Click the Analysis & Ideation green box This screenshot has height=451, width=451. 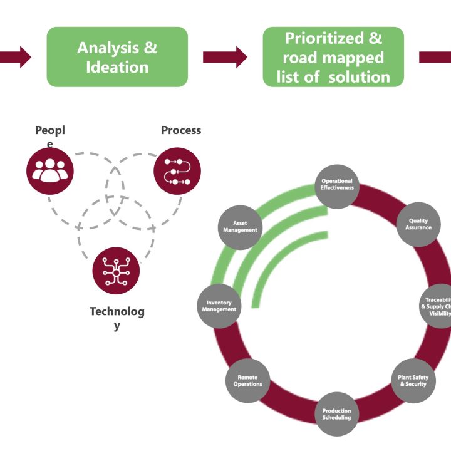point(117,56)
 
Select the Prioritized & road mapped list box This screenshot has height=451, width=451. point(333,56)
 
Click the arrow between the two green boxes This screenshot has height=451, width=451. point(225,57)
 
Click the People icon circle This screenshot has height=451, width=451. point(50,171)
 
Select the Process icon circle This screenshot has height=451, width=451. point(177,171)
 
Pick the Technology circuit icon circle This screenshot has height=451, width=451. point(116,271)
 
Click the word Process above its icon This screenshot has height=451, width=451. point(181,130)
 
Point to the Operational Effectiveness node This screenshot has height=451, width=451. point(337,185)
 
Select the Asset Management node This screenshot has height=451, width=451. point(240,226)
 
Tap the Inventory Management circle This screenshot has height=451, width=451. point(220,306)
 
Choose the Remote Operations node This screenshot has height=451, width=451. point(248,380)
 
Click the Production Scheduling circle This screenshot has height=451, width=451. point(337,414)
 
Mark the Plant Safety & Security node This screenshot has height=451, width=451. point(413,380)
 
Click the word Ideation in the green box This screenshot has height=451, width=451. point(117,66)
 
